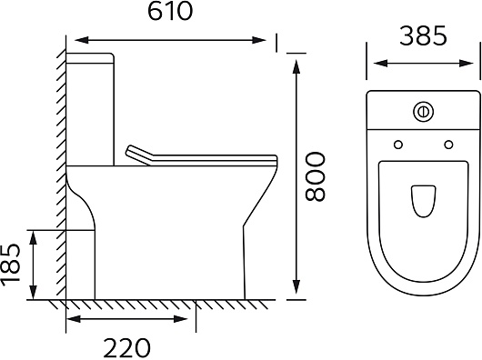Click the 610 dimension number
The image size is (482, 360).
(x=170, y=11)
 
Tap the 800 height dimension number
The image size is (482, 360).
(x=316, y=176)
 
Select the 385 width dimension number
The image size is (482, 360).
(x=423, y=36)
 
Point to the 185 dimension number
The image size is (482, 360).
(x=10, y=263)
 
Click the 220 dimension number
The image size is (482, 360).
(x=127, y=347)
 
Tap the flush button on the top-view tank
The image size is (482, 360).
(x=423, y=111)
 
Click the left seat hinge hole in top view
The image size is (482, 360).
(x=398, y=145)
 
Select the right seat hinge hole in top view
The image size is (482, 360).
(x=448, y=145)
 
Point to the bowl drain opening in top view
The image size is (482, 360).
(x=423, y=201)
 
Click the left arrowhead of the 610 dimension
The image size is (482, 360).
(x=82, y=40)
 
